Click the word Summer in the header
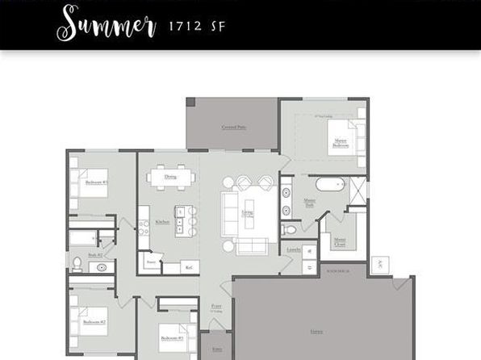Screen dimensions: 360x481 106,23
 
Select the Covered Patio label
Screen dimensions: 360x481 234,128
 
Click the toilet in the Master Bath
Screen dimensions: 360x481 291,230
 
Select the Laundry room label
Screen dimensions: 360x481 294,249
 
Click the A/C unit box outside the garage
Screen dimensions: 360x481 379,264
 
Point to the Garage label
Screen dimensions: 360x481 317,331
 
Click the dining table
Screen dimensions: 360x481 170,176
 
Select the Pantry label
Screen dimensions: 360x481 151,262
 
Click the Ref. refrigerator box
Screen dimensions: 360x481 189,266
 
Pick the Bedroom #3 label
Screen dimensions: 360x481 97,182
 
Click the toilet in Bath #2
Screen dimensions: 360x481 77,262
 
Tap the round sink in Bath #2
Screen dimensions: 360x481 102,268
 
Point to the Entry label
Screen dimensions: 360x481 216,350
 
